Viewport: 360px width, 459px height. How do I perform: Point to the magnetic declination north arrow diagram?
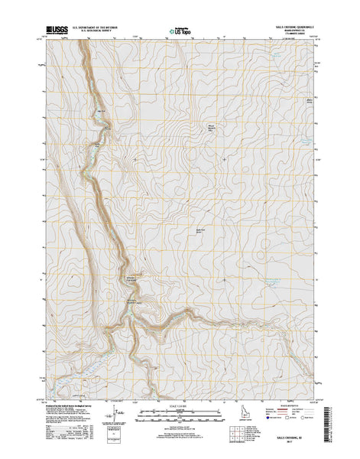point(116,418)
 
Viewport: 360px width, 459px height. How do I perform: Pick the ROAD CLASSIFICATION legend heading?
point(289,406)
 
